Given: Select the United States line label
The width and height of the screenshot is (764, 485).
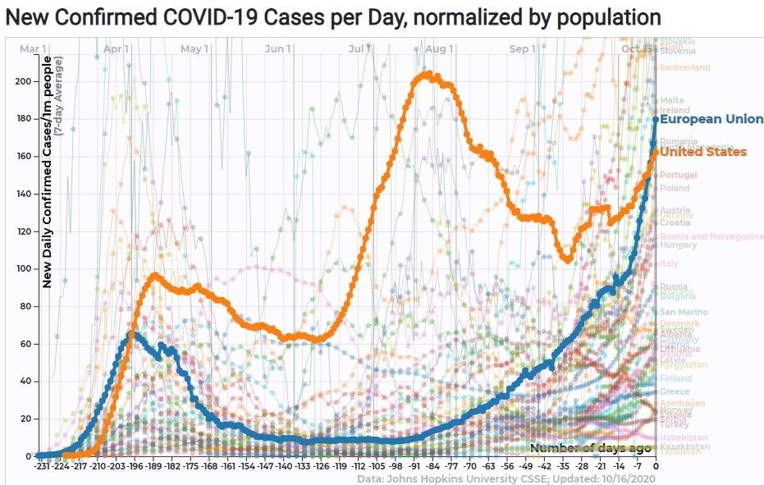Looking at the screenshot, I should (703, 152).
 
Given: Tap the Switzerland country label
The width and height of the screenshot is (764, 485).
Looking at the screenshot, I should (685, 67).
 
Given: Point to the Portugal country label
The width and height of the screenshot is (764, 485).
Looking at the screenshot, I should (678, 175).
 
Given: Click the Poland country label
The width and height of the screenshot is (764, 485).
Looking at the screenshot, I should (675, 188).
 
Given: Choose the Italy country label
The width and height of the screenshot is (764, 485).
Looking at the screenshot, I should (668, 263).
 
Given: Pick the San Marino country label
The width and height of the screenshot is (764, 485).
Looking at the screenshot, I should (679, 312).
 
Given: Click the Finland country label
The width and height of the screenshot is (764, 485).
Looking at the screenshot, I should (675, 378).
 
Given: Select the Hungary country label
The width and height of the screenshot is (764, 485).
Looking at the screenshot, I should (678, 245).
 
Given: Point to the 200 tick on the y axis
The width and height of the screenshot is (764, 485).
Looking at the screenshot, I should (27, 81).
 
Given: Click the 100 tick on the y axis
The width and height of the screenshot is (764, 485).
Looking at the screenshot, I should (27, 269).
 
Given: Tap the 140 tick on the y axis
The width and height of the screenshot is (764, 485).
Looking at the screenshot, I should (27, 194).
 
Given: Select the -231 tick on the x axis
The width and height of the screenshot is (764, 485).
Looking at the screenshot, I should (43, 465).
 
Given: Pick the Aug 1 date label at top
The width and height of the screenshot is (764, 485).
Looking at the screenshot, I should (440, 49).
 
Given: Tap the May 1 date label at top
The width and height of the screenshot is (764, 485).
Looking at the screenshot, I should (194, 49).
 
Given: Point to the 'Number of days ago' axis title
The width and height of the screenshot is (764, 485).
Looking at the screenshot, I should (591, 447).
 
